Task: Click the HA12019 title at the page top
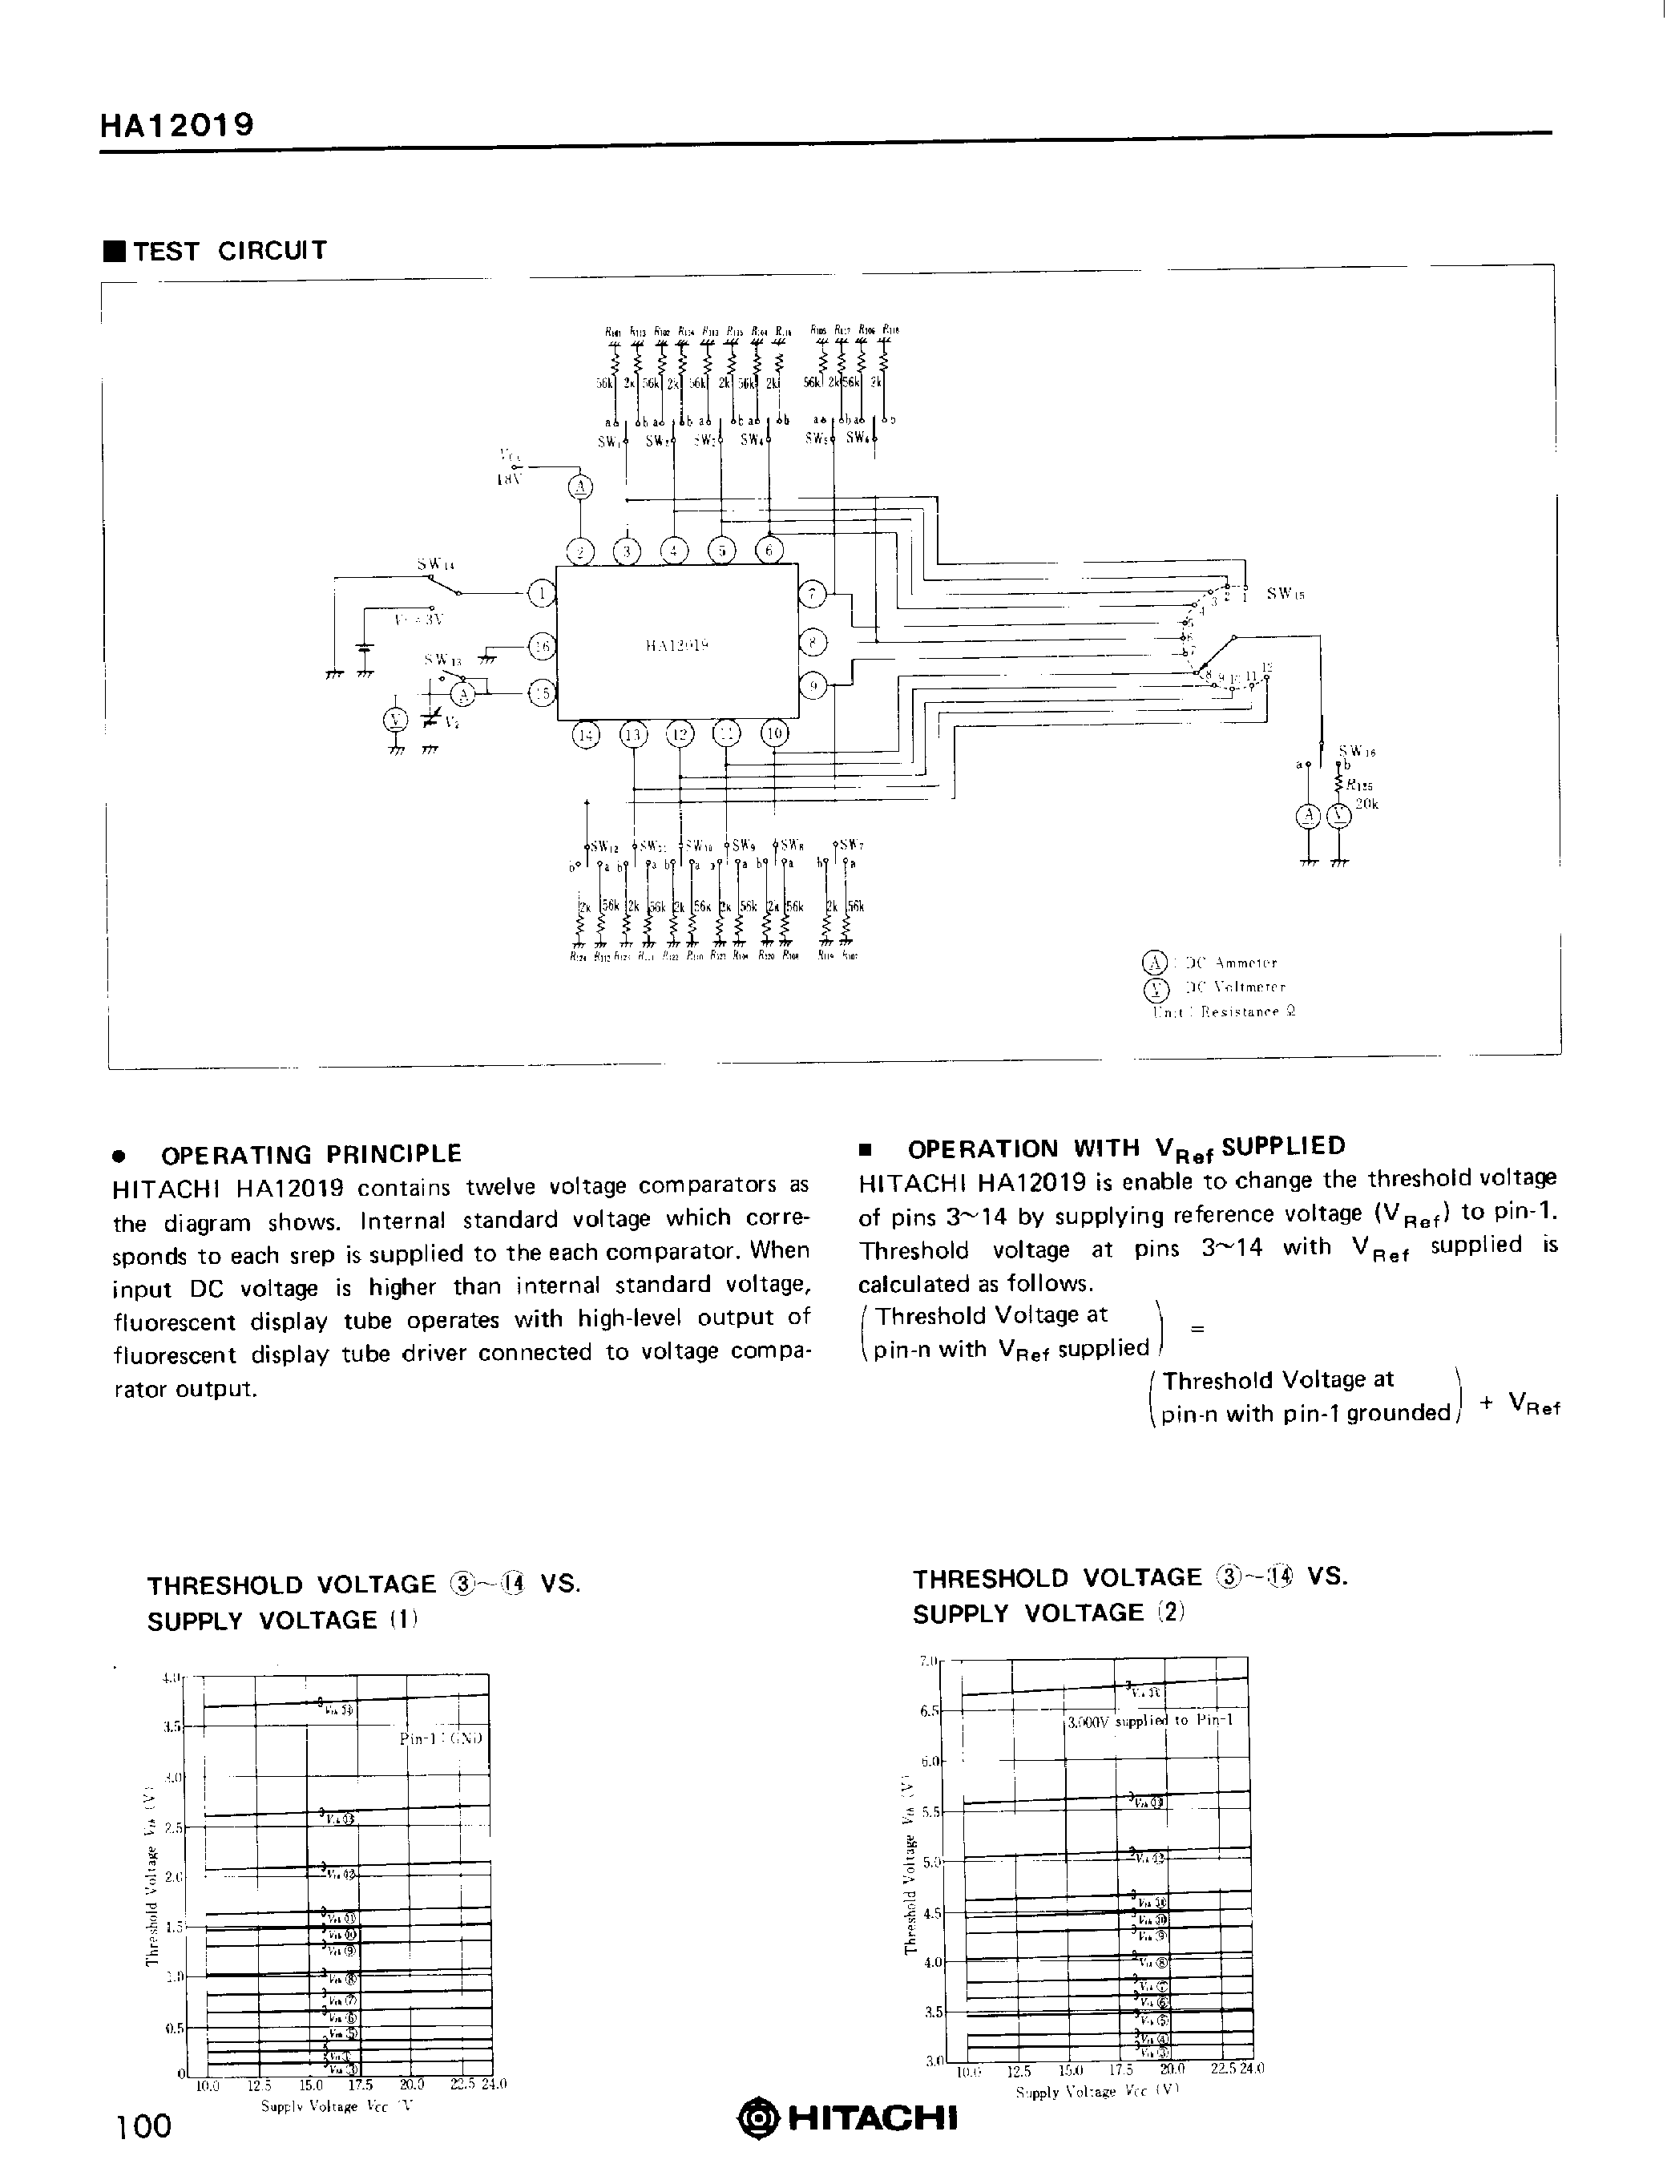tap(176, 125)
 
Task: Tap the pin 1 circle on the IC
tap(541, 593)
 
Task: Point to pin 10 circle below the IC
tap(774, 733)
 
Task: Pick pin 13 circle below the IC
tap(633, 735)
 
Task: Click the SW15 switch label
tap(1285, 593)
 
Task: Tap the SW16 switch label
tap(1356, 751)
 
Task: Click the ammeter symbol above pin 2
tap(580, 487)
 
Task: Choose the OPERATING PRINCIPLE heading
tap(311, 1154)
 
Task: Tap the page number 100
tap(144, 2125)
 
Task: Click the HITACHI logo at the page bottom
tap(850, 2117)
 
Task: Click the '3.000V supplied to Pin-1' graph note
tap(1150, 1721)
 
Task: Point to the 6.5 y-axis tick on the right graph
tap(930, 1710)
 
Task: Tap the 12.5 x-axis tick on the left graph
tap(259, 2085)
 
